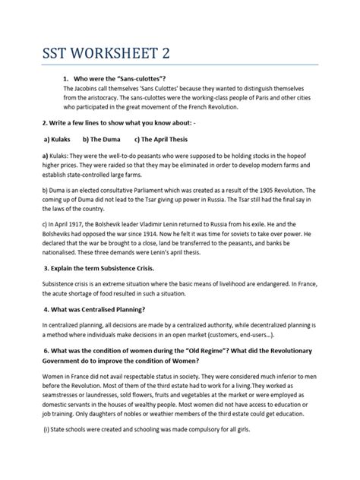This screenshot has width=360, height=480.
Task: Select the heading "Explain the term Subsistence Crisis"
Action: pyautogui.click(x=106, y=270)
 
